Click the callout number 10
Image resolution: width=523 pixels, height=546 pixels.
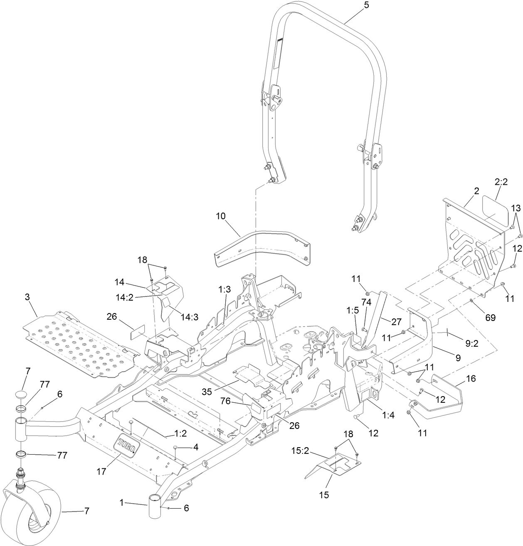coord(221,216)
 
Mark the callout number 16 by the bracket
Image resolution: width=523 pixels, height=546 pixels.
coord(459,379)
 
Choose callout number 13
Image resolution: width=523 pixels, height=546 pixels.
coord(516,208)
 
